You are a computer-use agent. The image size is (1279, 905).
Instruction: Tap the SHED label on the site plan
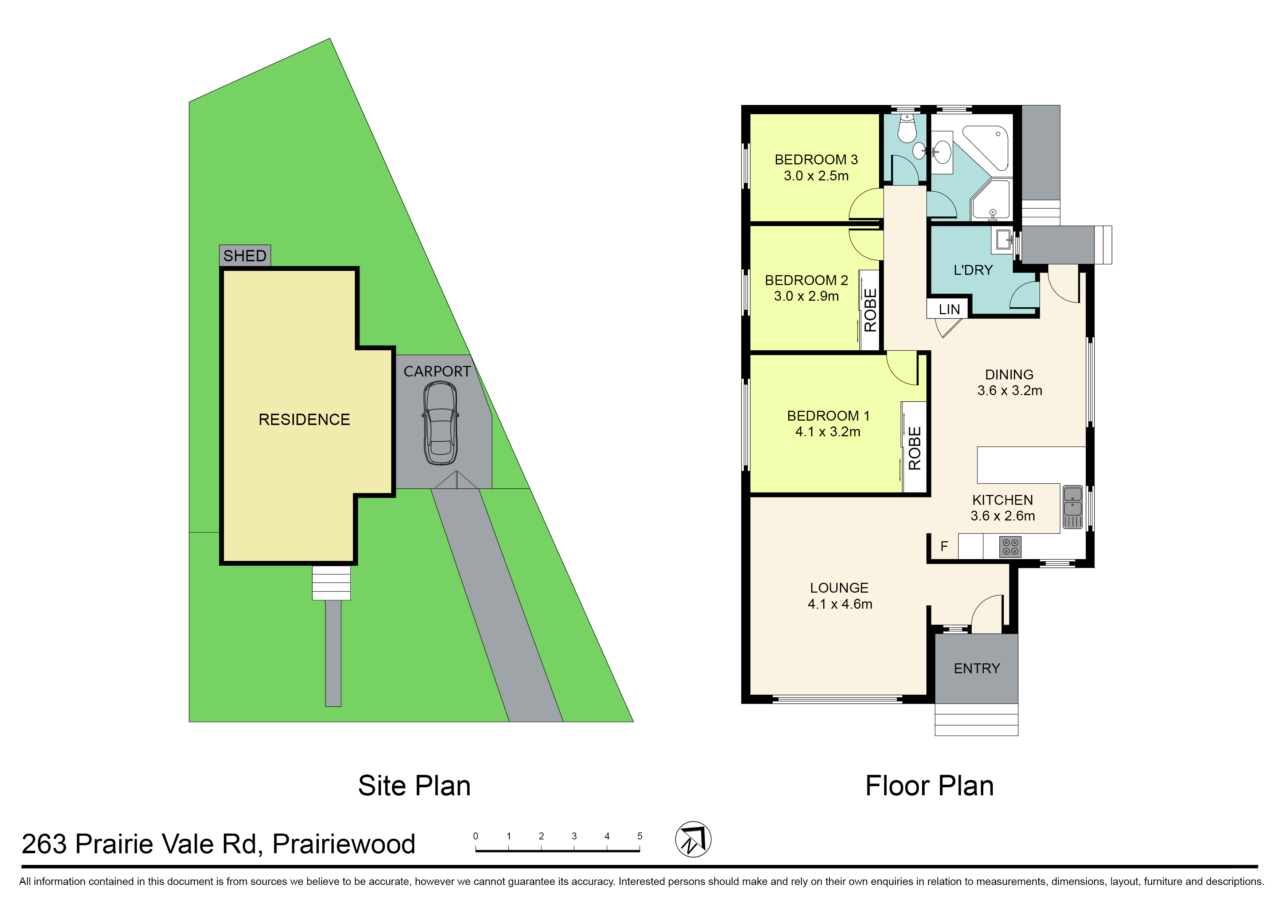[x=245, y=256]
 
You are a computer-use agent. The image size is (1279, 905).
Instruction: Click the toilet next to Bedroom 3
[x=907, y=129]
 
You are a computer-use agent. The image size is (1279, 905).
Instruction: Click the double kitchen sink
[x=1073, y=507]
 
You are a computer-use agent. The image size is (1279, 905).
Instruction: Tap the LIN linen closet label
[x=949, y=309]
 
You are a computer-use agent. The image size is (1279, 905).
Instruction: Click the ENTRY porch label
[x=977, y=668]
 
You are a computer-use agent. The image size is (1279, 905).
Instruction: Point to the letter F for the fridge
[x=944, y=546]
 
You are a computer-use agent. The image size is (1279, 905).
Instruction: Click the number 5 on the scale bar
[x=640, y=836]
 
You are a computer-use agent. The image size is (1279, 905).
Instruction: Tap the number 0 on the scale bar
[x=475, y=836]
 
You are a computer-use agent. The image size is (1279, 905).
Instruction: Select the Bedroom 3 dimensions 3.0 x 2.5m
[x=816, y=176]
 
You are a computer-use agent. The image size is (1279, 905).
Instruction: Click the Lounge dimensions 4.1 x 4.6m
[x=840, y=604]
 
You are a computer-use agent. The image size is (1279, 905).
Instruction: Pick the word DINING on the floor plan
[x=1009, y=374]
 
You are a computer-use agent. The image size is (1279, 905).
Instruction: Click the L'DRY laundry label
[x=973, y=270]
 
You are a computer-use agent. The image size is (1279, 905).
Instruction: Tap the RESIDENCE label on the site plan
[x=304, y=420]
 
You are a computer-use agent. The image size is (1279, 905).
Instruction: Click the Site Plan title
[x=414, y=786]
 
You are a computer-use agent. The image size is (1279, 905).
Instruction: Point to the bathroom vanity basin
[x=942, y=152]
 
